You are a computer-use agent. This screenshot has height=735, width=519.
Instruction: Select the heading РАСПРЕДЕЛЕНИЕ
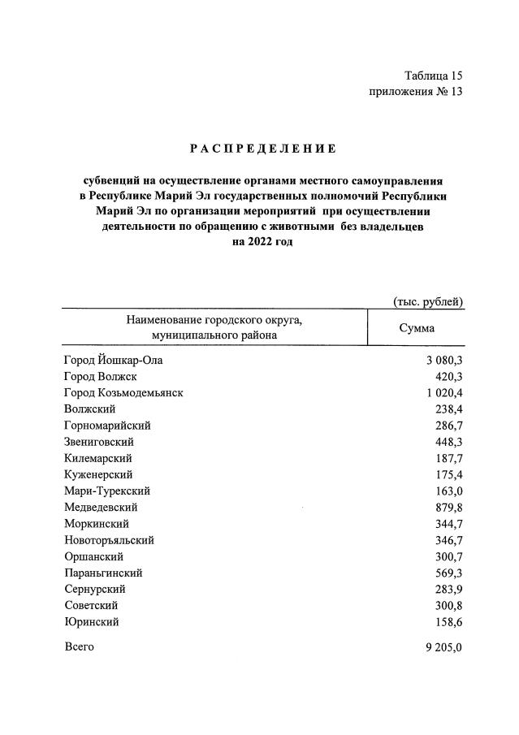click(262, 149)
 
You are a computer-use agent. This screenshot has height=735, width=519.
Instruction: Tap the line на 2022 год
click(262, 242)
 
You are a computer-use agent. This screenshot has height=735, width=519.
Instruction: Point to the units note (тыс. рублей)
click(428, 302)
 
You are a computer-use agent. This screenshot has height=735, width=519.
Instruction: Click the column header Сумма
click(416, 328)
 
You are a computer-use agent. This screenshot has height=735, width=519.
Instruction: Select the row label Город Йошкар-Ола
click(118, 360)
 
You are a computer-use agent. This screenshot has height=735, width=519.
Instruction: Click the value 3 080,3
click(443, 360)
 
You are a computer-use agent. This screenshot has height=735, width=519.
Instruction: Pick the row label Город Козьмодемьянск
click(123, 392)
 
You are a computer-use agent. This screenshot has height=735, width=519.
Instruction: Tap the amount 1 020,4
click(443, 392)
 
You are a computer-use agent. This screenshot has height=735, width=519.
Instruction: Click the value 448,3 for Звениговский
click(448, 442)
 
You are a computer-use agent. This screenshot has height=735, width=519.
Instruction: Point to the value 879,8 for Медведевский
click(448, 508)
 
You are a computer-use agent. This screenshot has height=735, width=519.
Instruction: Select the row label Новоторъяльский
click(108, 540)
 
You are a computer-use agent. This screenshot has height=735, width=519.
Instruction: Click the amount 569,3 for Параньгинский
click(448, 573)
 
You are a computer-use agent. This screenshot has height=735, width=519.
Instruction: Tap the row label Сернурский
click(94, 589)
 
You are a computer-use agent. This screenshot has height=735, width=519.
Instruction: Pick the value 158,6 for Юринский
click(448, 622)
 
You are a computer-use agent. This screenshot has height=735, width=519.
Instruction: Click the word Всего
click(79, 646)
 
